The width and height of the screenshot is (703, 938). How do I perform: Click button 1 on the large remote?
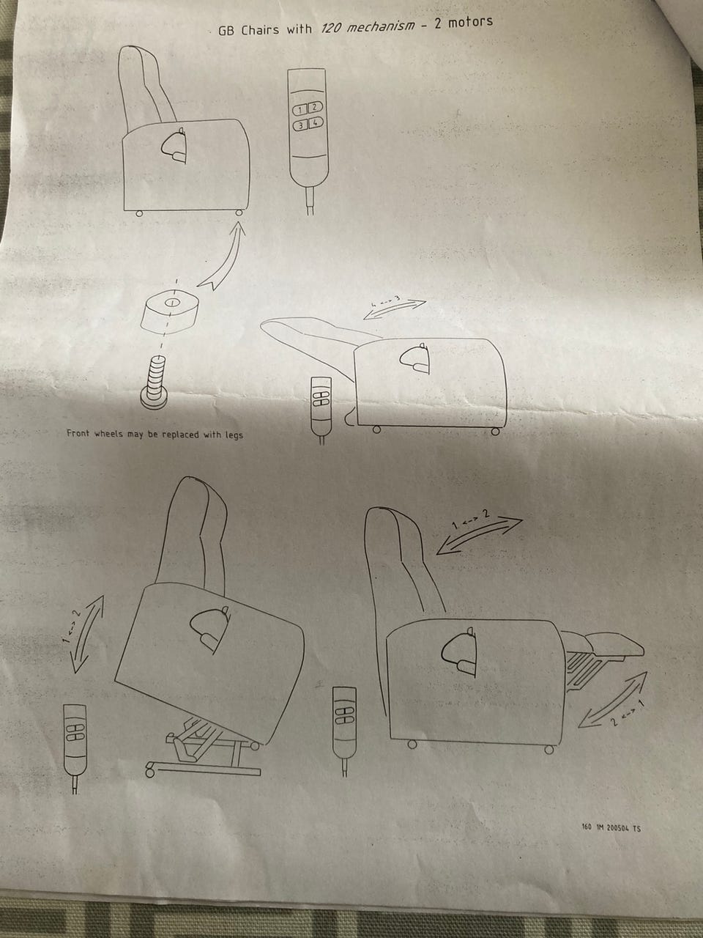click(x=300, y=110)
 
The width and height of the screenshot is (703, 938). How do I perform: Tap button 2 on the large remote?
click(x=315, y=107)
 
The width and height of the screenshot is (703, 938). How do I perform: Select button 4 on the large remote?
click(x=316, y=123)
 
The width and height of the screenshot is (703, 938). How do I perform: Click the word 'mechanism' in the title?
click(x=379, y=26)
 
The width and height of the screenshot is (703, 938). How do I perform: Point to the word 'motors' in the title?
click(x=470, y=22)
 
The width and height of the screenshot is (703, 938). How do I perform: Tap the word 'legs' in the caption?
click(x=234, y=435)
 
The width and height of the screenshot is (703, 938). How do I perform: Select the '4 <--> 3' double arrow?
click(x=395, y=309)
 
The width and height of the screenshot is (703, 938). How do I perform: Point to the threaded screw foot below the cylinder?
click(x=153, y=383)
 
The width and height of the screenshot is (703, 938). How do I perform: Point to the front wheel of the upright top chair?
click(x=239, y=213)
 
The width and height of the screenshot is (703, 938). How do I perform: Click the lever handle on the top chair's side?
click(x=175, y=146)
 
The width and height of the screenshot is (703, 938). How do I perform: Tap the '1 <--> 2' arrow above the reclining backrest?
click(x=480, y=535)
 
